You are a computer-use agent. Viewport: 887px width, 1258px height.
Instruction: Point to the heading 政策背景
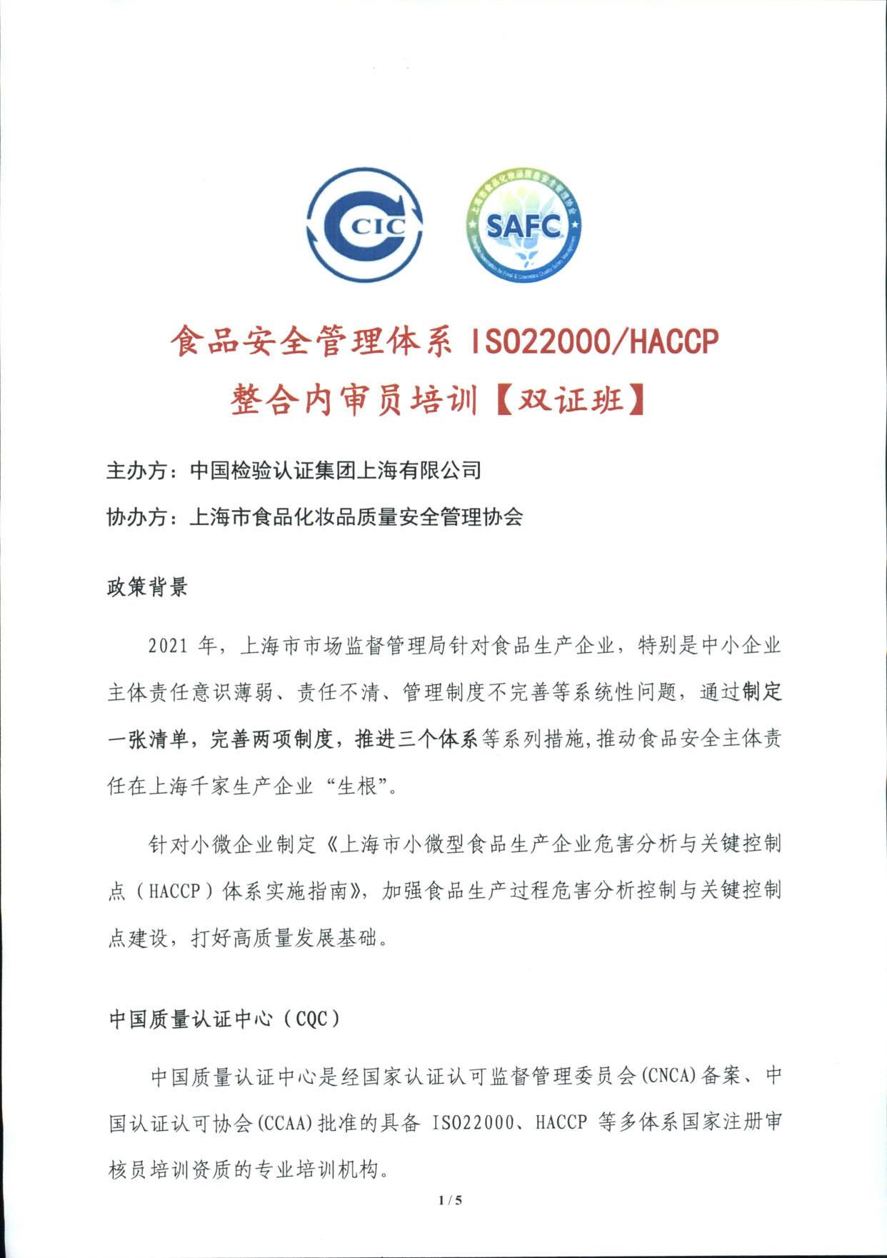[x=146, y=587]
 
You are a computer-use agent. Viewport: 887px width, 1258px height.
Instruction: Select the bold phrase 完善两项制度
[x=271, y=740]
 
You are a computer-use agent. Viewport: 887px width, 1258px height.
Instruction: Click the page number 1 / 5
[x=451, y=1200]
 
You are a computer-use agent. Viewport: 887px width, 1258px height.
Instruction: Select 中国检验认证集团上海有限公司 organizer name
[x=335, y=471]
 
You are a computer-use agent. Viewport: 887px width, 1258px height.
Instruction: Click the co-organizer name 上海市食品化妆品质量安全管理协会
[x=356, y=516]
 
